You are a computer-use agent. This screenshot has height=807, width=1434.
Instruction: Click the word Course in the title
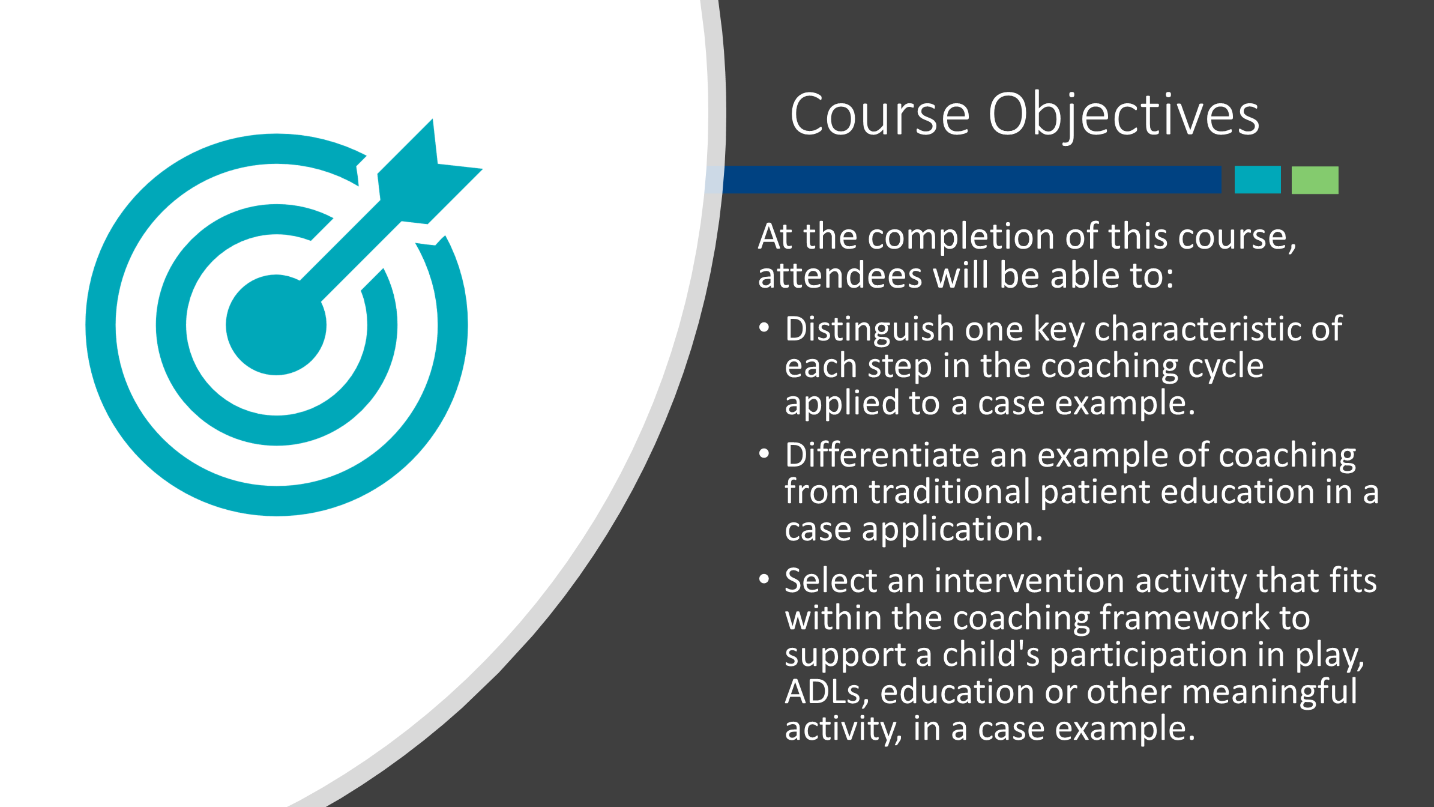pos(880,114)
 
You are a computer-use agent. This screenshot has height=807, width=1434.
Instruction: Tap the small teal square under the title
pos(1258,180)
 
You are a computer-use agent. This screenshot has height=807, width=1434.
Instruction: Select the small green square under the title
pos(1315,180)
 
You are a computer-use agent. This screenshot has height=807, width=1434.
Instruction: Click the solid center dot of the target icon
pos(276,325)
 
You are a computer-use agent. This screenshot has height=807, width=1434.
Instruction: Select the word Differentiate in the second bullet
pos(882,455)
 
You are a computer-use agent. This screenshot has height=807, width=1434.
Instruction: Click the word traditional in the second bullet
pos(950,492)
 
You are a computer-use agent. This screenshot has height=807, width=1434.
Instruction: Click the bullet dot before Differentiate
pos(764,454)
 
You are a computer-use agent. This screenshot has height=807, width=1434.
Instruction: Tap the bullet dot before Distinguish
pos(764,328)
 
